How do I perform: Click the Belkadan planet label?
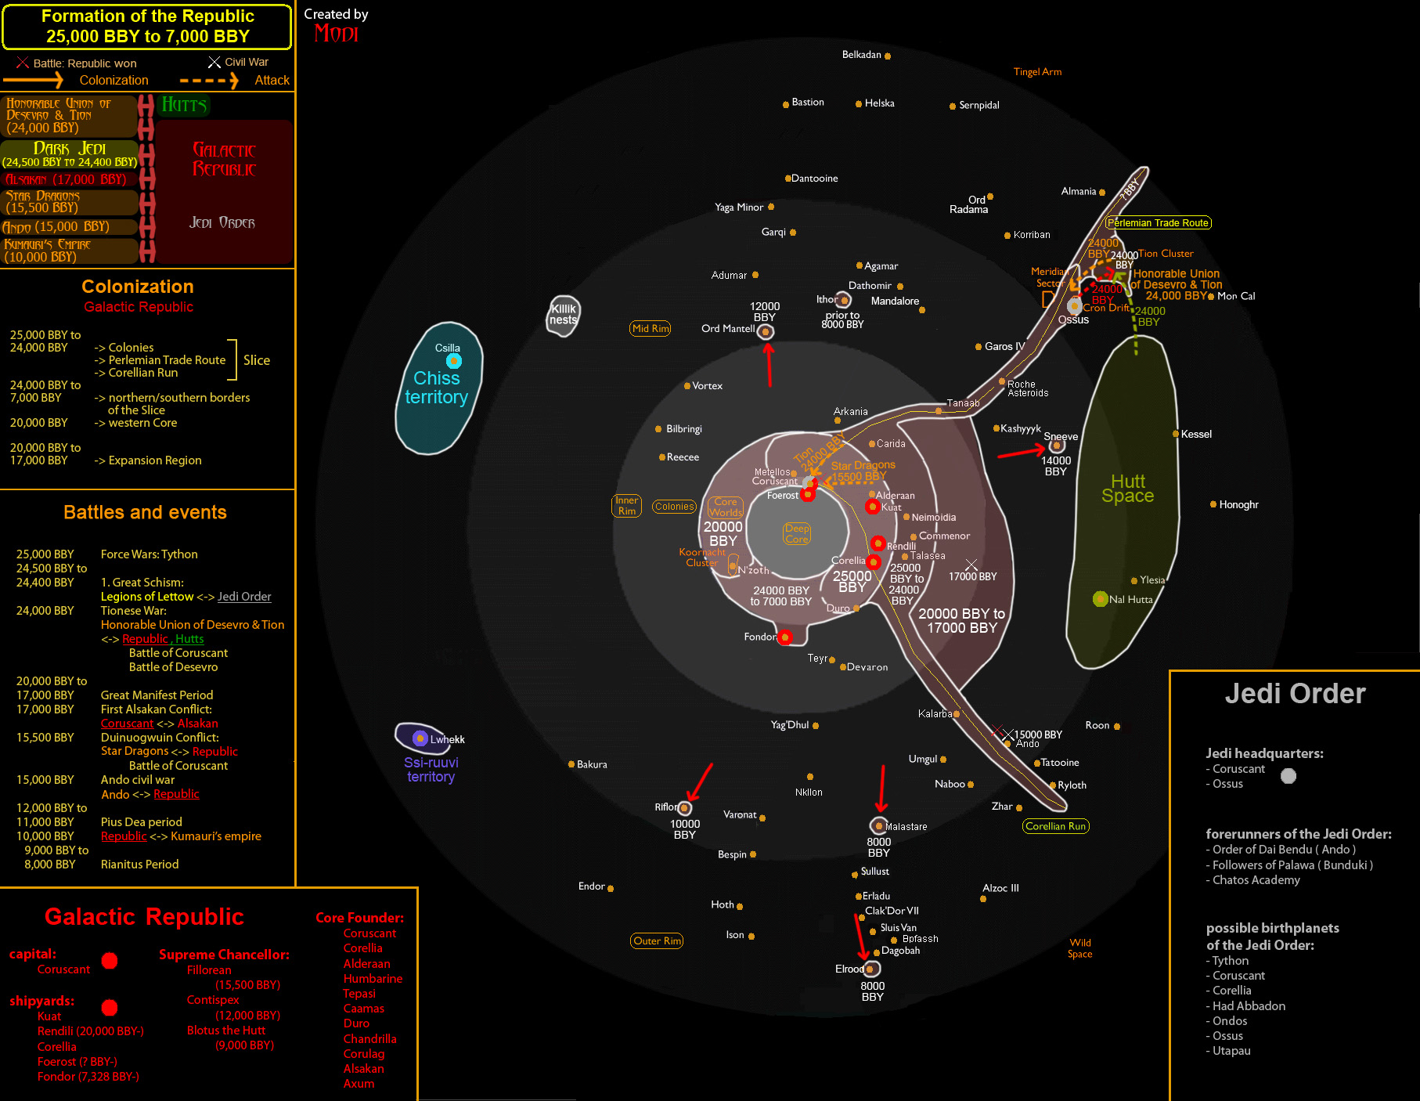pyautogui.click(x=861, y=55)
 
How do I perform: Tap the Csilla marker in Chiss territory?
pyautogui.click(x=454, y=361)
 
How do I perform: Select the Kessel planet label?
pyautogui.click(x=1195, y=434)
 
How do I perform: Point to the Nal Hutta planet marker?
pyautogui.click(x=1100, y=599)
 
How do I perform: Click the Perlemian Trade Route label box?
pyautogui.click(x=1158, y=223)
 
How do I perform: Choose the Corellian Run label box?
pyautogui.click(x=1055, y=826)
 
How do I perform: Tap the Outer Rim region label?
pyautogui.click(x=657, y=940)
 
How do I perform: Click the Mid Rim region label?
pyautogui.click(x=651, y=328)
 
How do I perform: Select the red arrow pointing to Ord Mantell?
pyautogui.click(x=769, y=365)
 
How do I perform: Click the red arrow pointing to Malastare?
pyautogui.click(x=882, y=789)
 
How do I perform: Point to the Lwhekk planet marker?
pyautogui.click(x=420, y=738)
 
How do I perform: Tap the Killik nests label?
pyautogui.click(x=563, y=314)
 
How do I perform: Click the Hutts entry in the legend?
pyautogui.click(x=184, y=105)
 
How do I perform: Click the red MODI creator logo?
pyautogui.click(x=336, y=34)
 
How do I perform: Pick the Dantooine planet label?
pyautogui.click(x=814, y=179)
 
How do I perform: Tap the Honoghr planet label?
pyautogui.click(x=1238, y=505)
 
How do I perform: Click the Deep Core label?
pyautogui.click(x=797, y=533)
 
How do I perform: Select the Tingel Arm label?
pyautogui.click(x=1037, y=72)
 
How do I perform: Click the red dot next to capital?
pyautogui.click(x=110, y=961)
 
